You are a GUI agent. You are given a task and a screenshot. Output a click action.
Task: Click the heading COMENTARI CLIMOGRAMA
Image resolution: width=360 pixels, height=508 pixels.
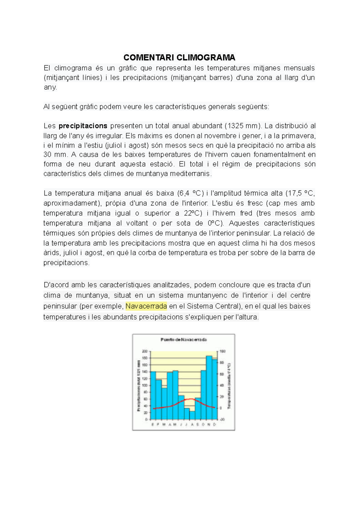point(179,57)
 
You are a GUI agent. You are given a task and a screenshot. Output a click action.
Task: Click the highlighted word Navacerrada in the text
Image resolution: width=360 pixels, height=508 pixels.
point(146,306)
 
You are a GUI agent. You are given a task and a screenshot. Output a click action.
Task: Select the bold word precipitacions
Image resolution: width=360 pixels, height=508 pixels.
point(83,126)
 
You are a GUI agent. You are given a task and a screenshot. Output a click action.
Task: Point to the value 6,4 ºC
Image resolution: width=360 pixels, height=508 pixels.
point(190,193)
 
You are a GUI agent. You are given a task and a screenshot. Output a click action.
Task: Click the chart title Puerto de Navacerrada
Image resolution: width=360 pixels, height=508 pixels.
point(184,340)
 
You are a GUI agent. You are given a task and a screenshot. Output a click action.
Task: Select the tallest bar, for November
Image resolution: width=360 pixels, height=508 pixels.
point(209,387)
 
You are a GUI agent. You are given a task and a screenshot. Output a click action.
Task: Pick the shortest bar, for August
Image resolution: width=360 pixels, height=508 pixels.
point(192,415)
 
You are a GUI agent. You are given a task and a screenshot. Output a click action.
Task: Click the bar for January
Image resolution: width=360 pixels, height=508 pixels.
point(153,396)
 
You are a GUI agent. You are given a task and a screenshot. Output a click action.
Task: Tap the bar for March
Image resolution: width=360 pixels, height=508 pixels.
point(164,403)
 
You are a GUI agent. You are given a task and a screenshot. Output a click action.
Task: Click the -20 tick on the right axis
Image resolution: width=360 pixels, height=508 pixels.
point(222,420)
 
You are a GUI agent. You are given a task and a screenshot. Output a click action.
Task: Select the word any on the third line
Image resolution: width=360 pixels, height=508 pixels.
point(50,87)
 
